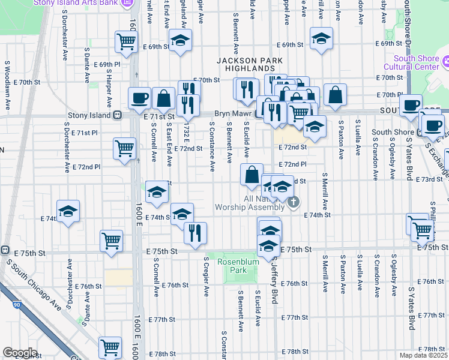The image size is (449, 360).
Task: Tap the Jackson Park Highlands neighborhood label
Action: point(245,65)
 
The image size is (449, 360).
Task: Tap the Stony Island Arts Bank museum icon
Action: point(127,3)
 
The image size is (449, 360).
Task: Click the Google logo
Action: point(20,353)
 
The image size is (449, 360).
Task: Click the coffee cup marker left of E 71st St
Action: point(140,97)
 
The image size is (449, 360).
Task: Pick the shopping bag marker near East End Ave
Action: point(163,97)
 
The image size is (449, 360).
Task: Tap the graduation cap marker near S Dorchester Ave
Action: point(68,211)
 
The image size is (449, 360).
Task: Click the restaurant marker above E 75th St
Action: point(194,232)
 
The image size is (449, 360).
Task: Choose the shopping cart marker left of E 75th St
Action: point(112,241)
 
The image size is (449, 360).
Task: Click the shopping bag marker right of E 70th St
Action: point(335,94)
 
